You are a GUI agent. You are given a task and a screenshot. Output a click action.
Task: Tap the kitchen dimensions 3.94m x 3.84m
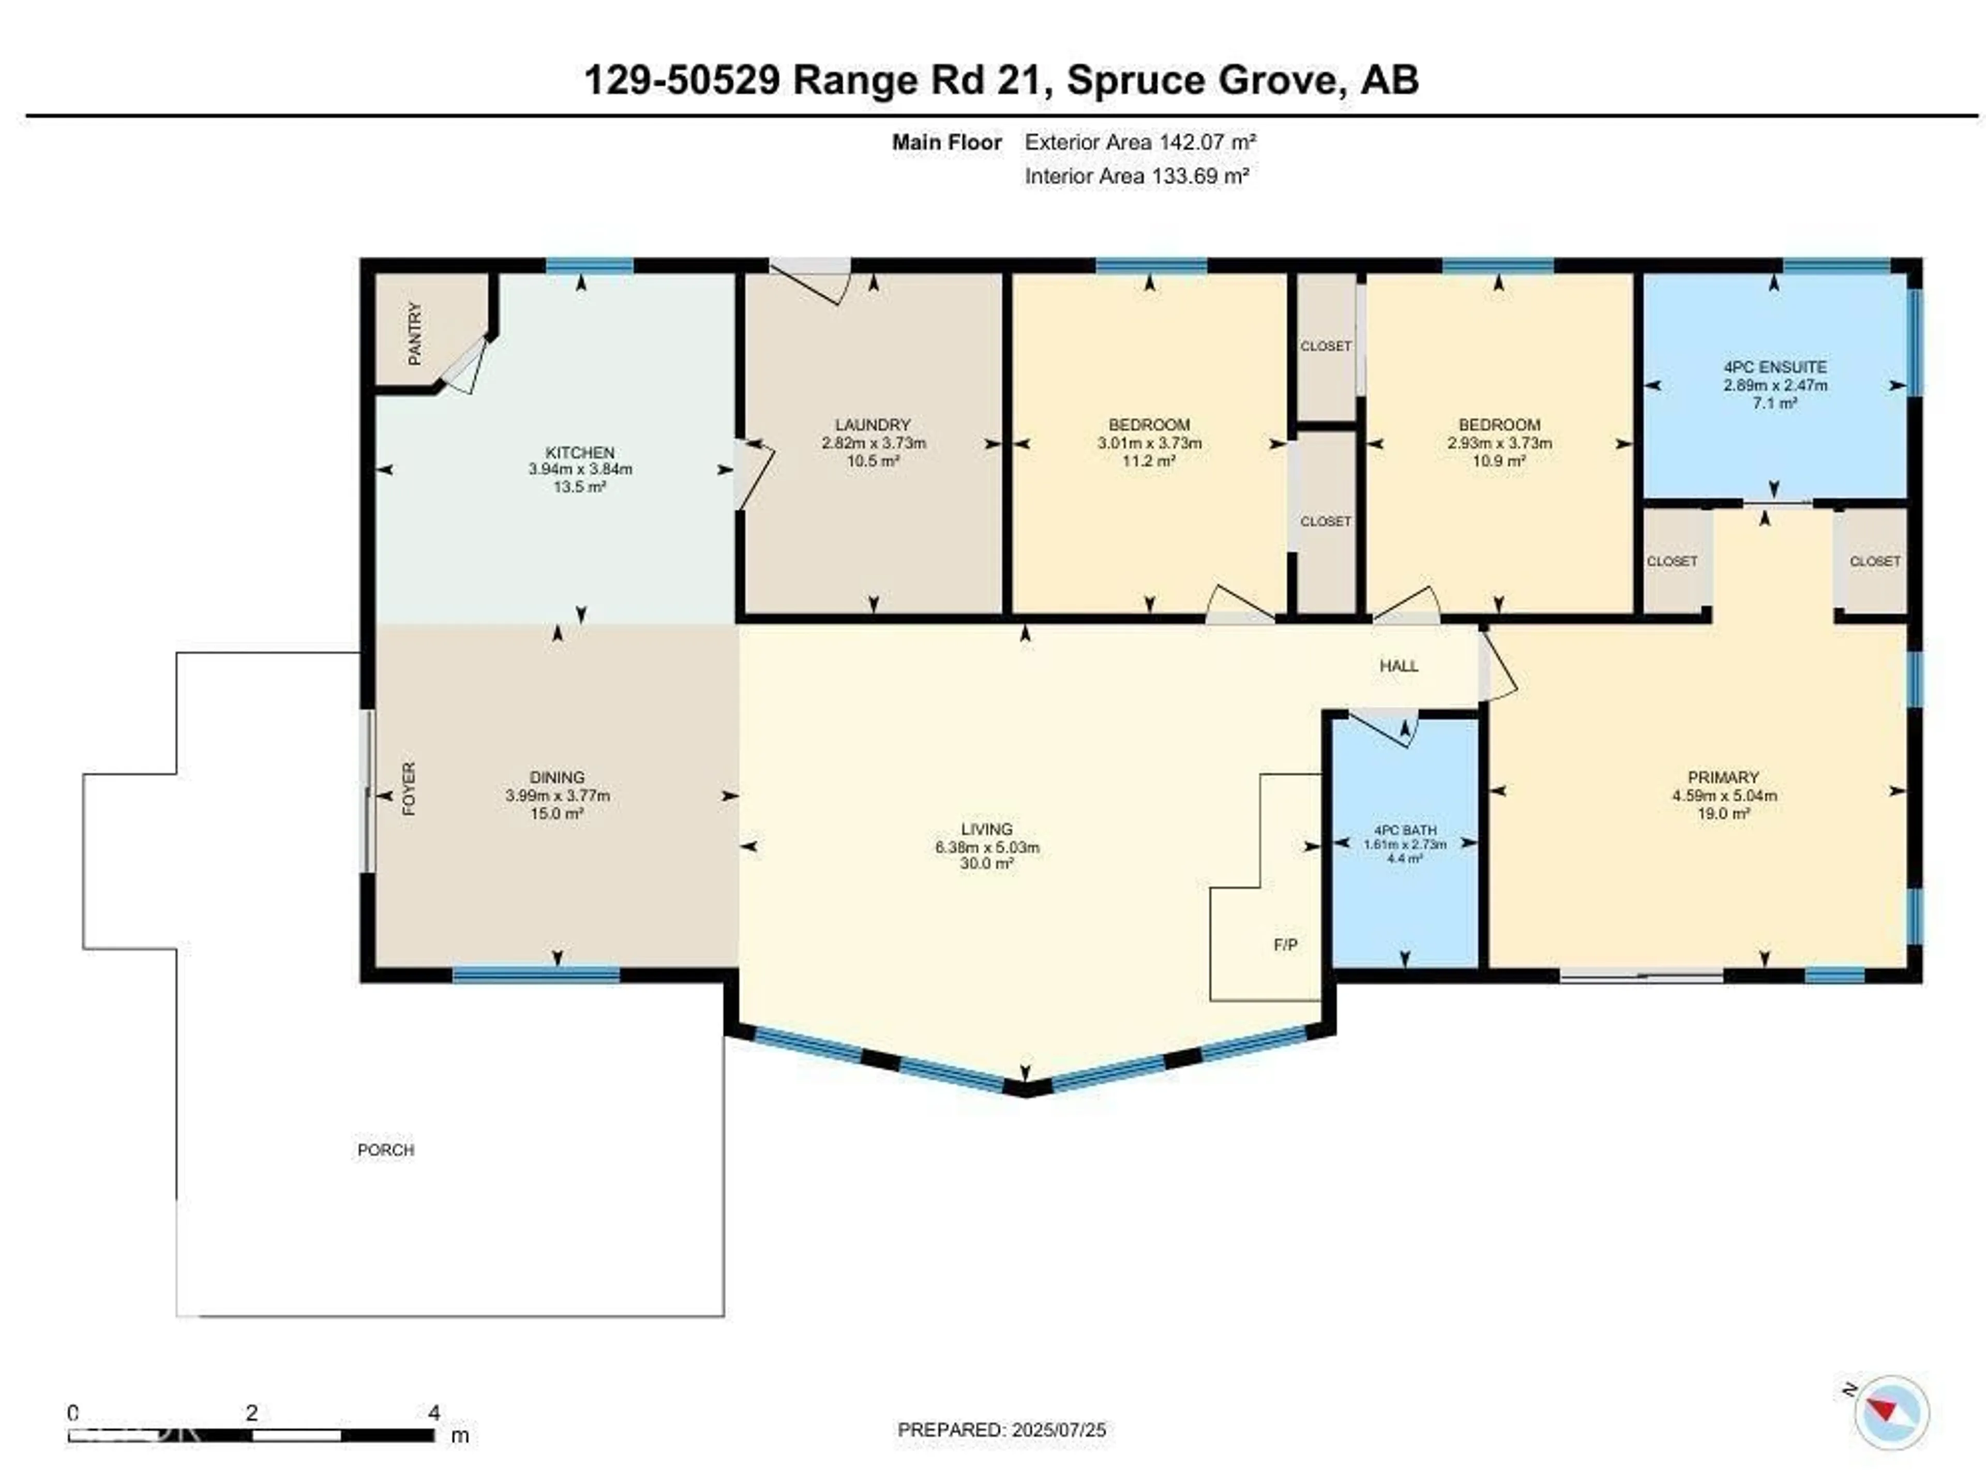coord(580,469)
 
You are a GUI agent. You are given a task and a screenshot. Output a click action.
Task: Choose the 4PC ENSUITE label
coord(1774,367)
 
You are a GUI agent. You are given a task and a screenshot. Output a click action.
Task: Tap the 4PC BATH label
coord(1405,829)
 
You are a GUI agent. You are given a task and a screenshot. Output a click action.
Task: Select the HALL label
coord(1399,666)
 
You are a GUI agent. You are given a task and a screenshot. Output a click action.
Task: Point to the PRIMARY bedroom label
coord(1723,777)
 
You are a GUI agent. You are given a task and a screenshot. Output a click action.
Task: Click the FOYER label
coord(409,788)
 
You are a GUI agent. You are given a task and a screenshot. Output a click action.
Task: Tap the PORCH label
coord(385,1150)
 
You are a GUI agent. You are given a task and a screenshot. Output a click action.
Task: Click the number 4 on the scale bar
coord(433,1412)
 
